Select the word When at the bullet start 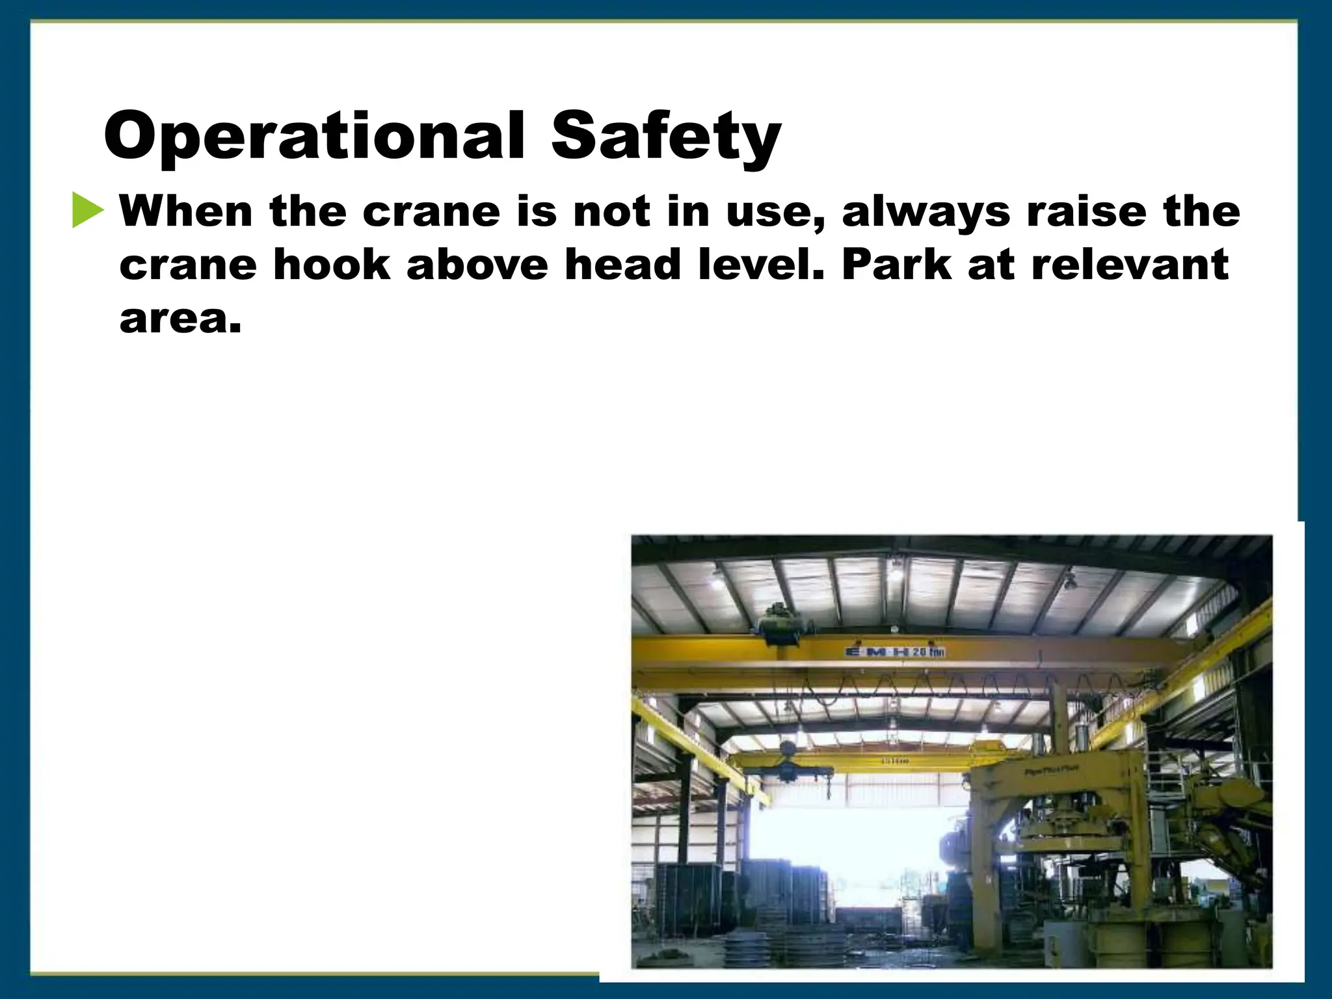pos(186,212)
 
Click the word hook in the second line pos(332,265)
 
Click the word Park pos(897,265)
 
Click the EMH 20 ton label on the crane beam pos(895,652)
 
